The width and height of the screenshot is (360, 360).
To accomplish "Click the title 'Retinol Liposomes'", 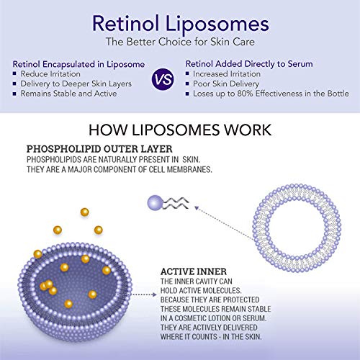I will pos(180,22).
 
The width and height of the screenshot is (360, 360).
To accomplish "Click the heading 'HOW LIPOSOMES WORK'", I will pos(180,131).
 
